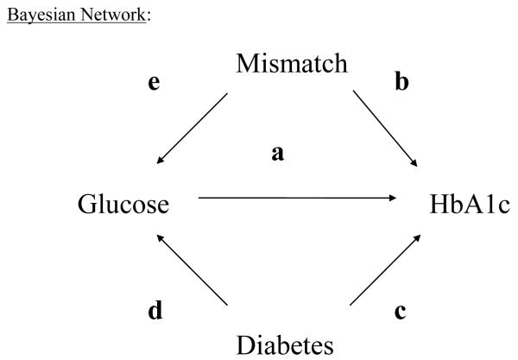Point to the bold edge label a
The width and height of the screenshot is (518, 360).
[278, 155]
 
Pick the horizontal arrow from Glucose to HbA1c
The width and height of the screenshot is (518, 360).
[294, 199]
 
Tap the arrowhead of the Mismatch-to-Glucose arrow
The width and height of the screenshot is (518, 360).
[161, 161]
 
